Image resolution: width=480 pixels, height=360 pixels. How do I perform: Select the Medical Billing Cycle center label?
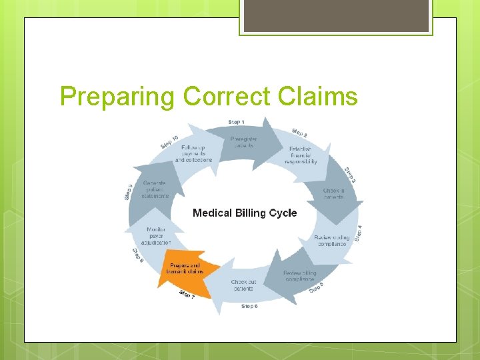click(245, 213)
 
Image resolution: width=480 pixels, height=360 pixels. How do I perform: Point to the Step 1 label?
click(236, 122)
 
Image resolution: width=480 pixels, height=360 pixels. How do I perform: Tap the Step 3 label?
click(350, 175)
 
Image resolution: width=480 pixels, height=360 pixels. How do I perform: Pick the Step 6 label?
click(250, 306)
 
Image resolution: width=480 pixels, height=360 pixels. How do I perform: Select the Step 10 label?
click(169, 142)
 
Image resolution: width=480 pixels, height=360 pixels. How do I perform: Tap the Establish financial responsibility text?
click(301, 155)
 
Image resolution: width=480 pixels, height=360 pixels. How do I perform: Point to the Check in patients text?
click(334, 193)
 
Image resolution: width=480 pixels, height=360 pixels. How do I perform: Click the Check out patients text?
click(243, 285)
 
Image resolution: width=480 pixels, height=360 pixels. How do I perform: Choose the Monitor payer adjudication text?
click(157, 236)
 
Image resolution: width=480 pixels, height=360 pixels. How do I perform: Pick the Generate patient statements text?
click(154, 189)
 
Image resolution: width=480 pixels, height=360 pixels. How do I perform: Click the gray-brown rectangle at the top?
click(336, 15)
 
